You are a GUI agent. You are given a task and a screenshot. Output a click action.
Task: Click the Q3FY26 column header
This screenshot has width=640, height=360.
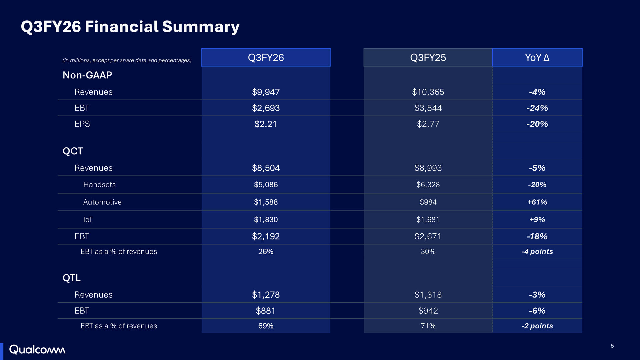(x=266, y=57)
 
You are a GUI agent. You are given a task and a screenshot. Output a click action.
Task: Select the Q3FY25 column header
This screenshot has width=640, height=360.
(x=428, y=57)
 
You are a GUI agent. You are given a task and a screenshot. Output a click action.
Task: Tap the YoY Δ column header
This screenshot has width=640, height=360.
(x=537, y=57)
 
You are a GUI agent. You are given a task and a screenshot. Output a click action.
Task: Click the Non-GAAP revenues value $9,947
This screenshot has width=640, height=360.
(x=266, y=92)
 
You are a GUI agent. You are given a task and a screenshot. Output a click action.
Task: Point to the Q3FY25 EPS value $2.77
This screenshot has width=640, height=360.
(x=428, y=124)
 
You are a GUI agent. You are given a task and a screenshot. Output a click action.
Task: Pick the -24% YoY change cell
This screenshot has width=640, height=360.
(x=537, y=108)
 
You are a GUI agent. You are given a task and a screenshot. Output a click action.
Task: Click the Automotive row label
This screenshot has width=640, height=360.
(x=102, y=202)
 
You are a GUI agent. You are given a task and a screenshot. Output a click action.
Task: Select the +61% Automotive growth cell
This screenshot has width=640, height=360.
(x=537, y=202)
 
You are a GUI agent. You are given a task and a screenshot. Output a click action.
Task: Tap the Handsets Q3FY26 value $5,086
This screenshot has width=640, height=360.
(x=266, y=185)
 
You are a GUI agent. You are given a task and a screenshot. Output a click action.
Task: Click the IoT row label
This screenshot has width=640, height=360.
(x=88, y=219)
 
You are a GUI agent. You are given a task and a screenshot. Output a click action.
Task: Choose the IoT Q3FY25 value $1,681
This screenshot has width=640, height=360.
(x=428, y=219)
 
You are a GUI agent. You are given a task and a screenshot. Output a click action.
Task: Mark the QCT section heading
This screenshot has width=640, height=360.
(x=73, y=151)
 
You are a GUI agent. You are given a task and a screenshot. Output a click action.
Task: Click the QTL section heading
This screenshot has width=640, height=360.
(x=72, y=278)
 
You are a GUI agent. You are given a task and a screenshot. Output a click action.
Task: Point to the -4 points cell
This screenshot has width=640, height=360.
(x=537, y=251)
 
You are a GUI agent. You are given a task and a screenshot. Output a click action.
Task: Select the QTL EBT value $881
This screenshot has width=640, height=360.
(x=266, y=311)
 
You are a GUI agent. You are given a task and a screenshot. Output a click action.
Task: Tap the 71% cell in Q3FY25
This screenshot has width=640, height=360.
(x=428, y=326)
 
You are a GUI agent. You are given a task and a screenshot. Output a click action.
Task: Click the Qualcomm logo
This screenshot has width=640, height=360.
(x=37, y=350)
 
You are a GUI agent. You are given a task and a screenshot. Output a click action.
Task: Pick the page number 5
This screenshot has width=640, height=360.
(x=612, y=346)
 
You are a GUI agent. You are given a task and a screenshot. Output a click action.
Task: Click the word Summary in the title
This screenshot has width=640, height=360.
(x=201, y=27)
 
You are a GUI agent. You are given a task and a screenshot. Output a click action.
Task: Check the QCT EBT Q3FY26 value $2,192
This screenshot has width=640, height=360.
(x=266, y=236)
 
